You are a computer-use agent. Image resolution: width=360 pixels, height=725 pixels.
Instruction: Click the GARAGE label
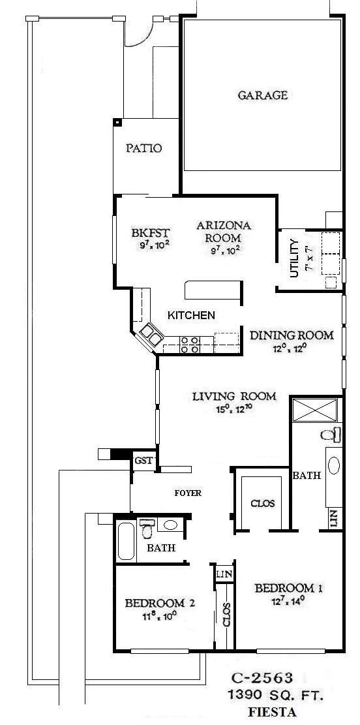click(x=262, y=95)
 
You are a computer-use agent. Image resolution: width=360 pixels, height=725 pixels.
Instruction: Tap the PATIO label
click(x=143, y=148)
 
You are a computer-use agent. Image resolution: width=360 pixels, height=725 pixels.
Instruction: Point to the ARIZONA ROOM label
click(x=224, y=232)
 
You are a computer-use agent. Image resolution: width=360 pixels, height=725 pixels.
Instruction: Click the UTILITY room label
click(x=294, y=259)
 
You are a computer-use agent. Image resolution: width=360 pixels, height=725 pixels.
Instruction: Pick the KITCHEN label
click(x=191, y=315)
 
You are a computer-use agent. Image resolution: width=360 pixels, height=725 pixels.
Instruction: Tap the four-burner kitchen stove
click(x=190, y=345)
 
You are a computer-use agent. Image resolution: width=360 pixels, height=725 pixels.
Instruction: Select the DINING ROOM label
click(x=292, y=335)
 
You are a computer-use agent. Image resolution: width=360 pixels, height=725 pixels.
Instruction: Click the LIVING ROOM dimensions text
click(x=234, y=410)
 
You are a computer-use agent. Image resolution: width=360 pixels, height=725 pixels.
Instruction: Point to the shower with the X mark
click(x=315, y=410)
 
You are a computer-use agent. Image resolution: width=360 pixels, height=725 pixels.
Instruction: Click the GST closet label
click(x=143, y=460)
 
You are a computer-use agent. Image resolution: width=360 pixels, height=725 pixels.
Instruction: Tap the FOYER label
click(x=187, y=493)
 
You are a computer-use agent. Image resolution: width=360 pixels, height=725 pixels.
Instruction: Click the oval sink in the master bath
click(x=333, y=465)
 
